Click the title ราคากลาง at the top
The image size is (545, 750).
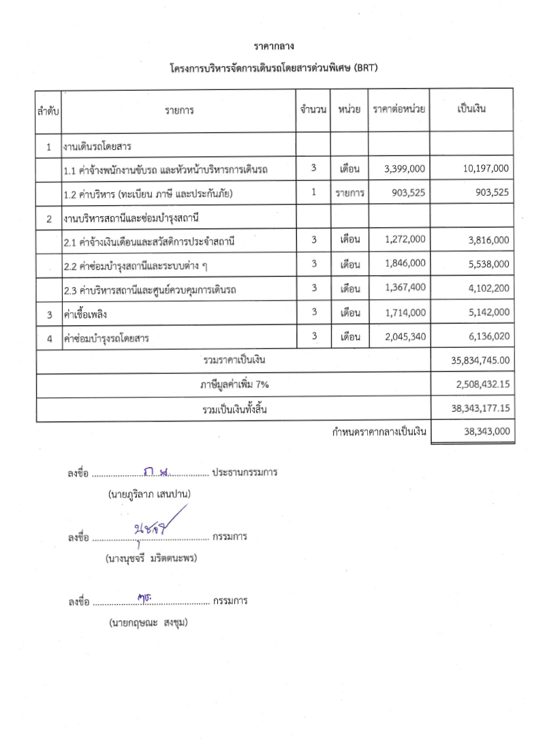pos(273,46)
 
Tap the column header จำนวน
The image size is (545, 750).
pos(313,110)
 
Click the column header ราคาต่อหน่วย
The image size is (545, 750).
pos(399,110)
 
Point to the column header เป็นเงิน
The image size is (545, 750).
pos(471,110)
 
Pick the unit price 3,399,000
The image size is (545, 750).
pos(405,168)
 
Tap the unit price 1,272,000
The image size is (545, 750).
pos(405,239)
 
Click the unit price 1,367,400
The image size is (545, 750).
pos(405,288)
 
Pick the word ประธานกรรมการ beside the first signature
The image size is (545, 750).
pos(245,472)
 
